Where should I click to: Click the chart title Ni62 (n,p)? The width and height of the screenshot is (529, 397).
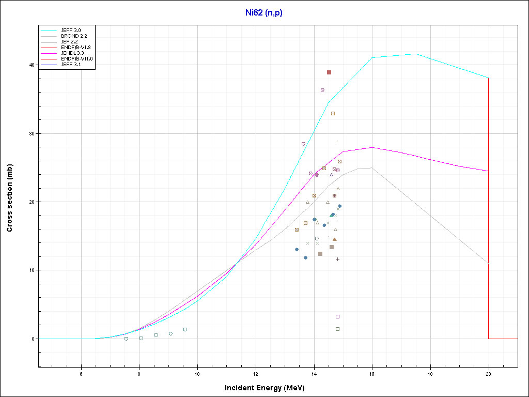click(x=264, y=12)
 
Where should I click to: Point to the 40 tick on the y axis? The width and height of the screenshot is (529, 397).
click(x=31, y=65)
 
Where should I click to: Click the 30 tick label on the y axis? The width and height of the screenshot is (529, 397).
click(x=31, y=133)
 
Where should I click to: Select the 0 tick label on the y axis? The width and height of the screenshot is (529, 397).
click(x=33, y=339)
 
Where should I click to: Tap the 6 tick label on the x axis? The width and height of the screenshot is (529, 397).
click(x=81, y=373)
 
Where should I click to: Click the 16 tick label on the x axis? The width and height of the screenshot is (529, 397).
click(x=372, y=373)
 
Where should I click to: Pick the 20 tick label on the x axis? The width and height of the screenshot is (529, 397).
click(x=488, y=373)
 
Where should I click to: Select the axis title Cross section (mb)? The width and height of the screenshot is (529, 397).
click(x=10, y=198)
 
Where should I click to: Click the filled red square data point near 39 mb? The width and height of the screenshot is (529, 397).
click(x=329, y=72)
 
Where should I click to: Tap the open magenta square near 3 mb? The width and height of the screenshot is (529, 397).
click(x=337, y=316)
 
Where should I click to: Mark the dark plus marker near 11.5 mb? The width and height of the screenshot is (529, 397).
click(x=337, y=259)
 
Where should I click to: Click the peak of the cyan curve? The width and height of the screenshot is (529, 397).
click(x=416, y=54)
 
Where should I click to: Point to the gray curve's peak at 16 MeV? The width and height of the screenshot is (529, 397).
click(x=371, y=167)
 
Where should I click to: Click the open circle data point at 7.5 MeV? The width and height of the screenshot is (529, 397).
click(x=126, y=339)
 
